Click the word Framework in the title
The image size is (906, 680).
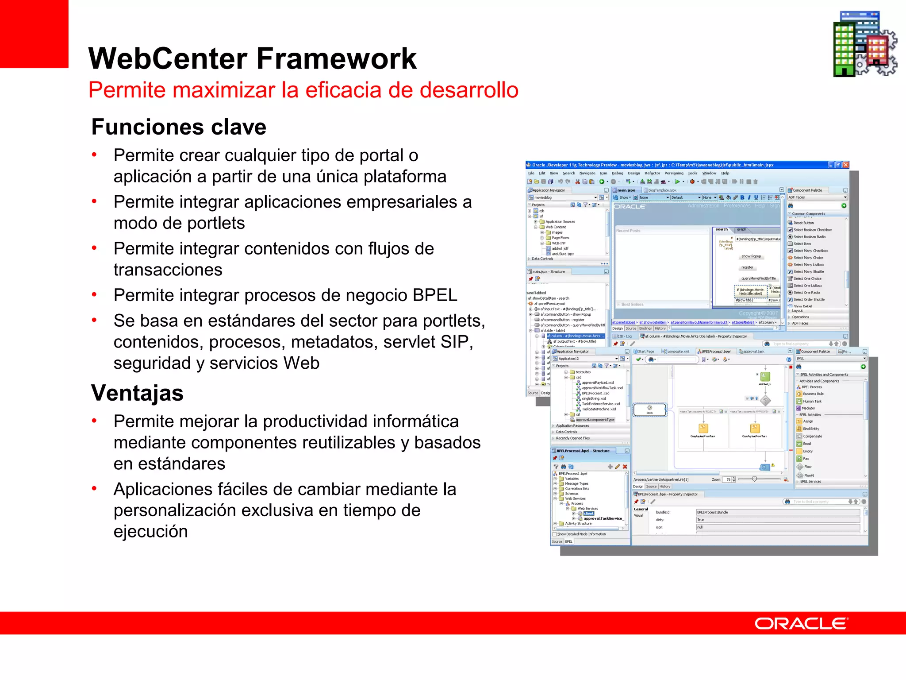336,59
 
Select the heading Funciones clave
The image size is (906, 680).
179,127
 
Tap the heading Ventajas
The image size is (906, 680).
137,393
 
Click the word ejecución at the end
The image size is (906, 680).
150,532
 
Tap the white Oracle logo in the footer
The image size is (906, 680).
801,623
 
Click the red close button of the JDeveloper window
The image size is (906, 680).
845,165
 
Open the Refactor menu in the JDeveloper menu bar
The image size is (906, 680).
652,173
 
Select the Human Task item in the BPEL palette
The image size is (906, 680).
812,401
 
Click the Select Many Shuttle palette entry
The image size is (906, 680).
808,272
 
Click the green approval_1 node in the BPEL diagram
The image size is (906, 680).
765,376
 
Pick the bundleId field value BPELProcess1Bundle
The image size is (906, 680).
713,512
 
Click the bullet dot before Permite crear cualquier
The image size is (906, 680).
94,155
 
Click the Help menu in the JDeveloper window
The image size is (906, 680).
725,173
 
